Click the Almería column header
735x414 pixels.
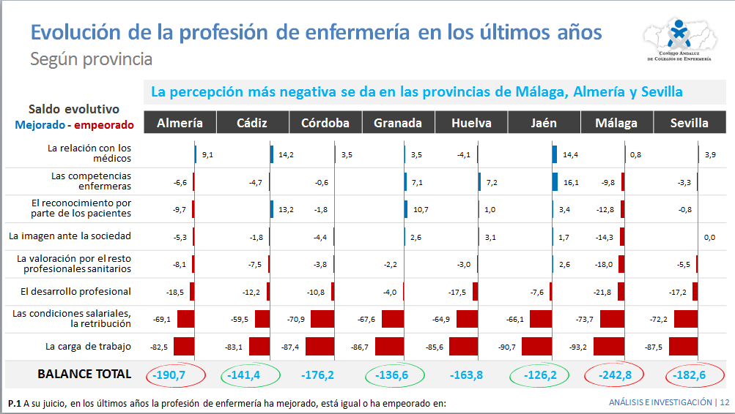pyautogui.click(x=180, y=123)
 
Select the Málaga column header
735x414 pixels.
pyautogui.click(x=616, y=123)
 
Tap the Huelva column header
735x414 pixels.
pyautogui.click(x=471, y=123)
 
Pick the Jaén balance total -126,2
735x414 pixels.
pyautogui.click(x=543, y=375)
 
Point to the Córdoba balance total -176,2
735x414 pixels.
pyautogui.click(x=317, y=375)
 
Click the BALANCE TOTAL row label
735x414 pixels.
pyautogui.click(x=84, y=374)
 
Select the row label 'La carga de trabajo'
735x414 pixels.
pyautogui.click(x=88, y=347)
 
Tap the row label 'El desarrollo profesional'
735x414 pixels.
pyautogui.click(x=75, y=291)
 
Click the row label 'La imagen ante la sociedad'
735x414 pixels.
pyautogui.click(x=70, y=236)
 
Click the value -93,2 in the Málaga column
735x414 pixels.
pyautogui.click(x=579, y=347)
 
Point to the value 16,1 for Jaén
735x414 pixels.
pyautogui.click(x=570, y=182)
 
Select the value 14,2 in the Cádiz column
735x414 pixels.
pyautogui.click(x=286, y=155)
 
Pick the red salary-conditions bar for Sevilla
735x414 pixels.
pyautogui.click(x=685, y=319)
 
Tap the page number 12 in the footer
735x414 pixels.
pyautogui.click(x=725, y=402)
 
